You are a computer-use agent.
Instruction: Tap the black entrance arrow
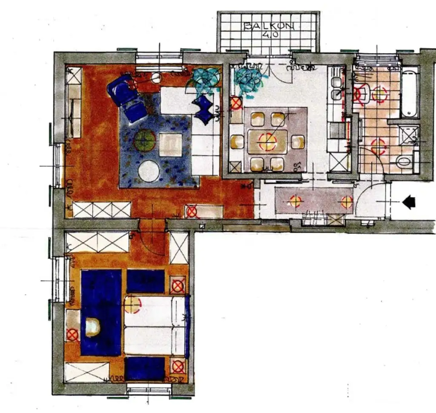tap(409, 202)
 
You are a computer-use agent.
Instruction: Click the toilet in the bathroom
tap(403, 162)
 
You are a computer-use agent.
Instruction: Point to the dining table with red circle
tap(267, 142)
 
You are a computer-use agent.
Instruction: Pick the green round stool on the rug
tap(145, 140)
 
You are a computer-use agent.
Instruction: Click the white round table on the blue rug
tap(149, 171)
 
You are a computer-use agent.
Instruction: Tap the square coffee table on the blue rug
tap(170, 145)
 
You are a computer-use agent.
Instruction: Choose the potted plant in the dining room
tap(249, 80)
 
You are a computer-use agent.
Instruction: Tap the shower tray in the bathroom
tap(409, 135)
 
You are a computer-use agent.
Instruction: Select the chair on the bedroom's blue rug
tap(92, 327)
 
